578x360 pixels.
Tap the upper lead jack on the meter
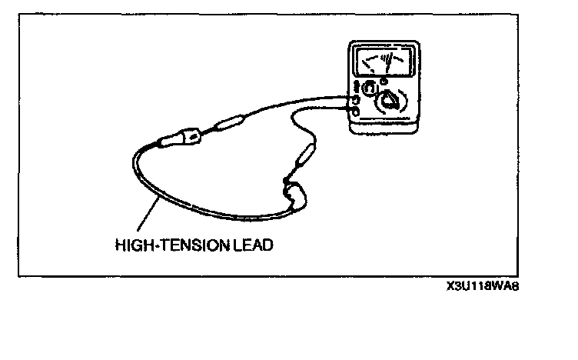[x=356, y=100]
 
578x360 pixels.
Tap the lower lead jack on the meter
[x=356, y=112]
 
